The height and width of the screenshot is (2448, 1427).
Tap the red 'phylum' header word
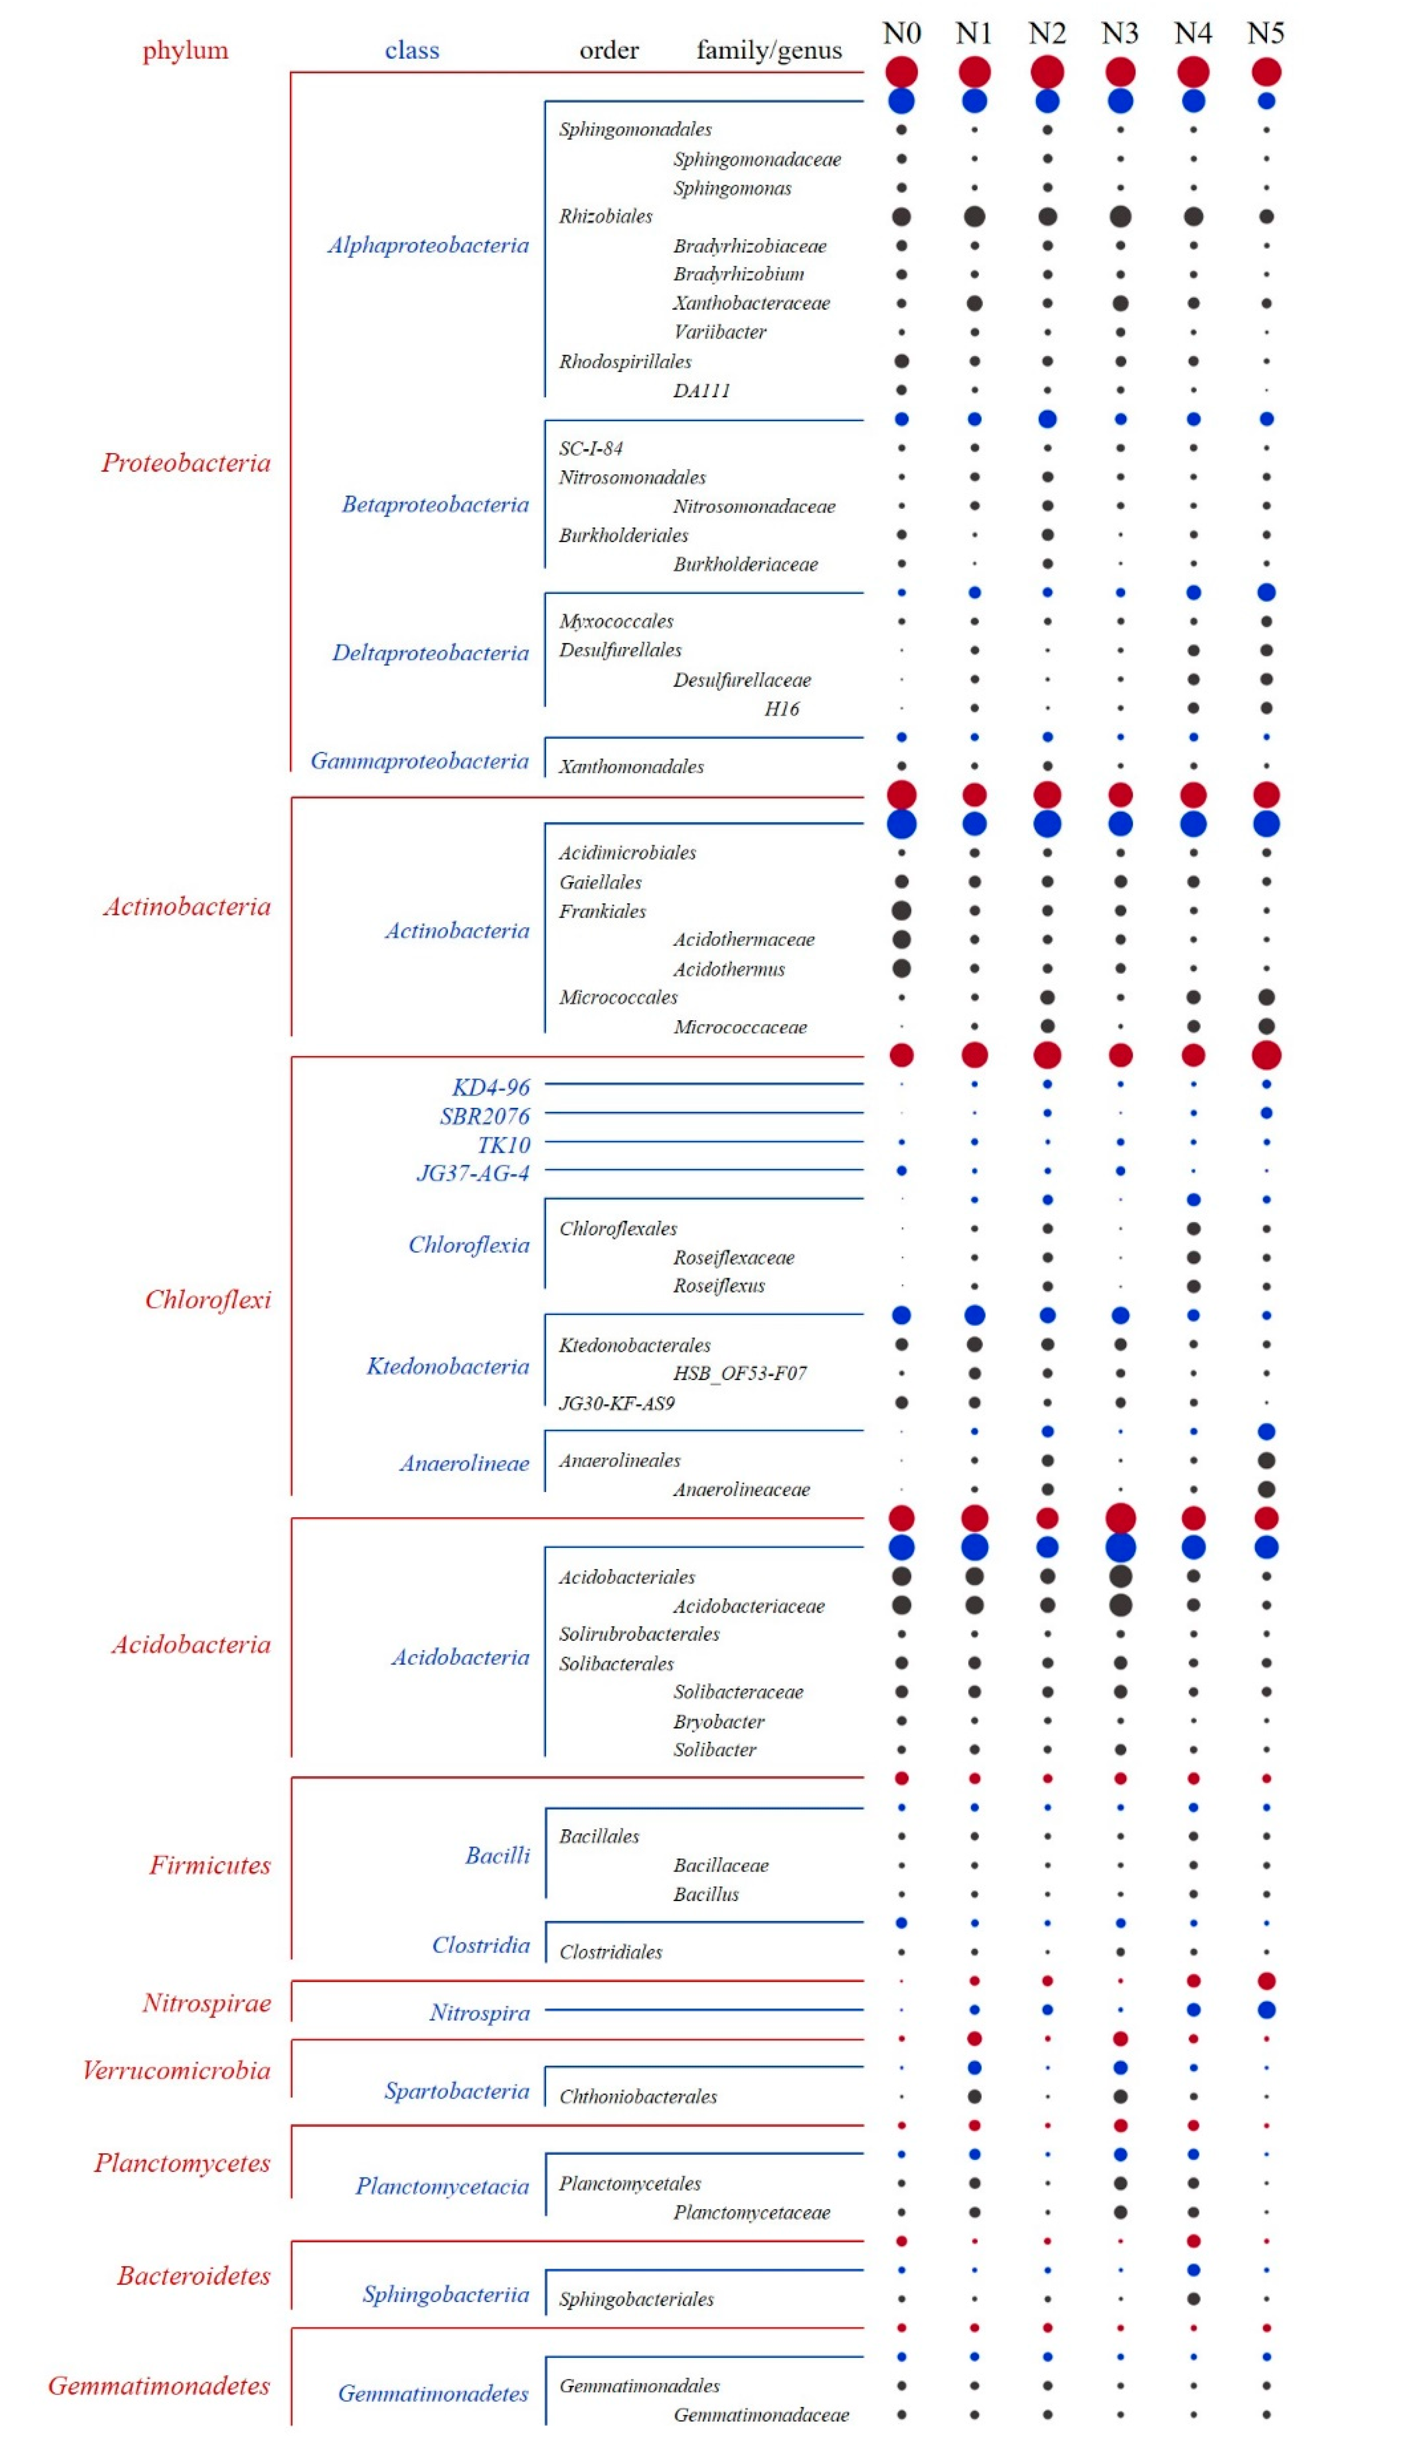point(185,51)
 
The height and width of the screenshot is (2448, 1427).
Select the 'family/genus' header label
point(768,51)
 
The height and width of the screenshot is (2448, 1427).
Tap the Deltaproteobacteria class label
point(430,653)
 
